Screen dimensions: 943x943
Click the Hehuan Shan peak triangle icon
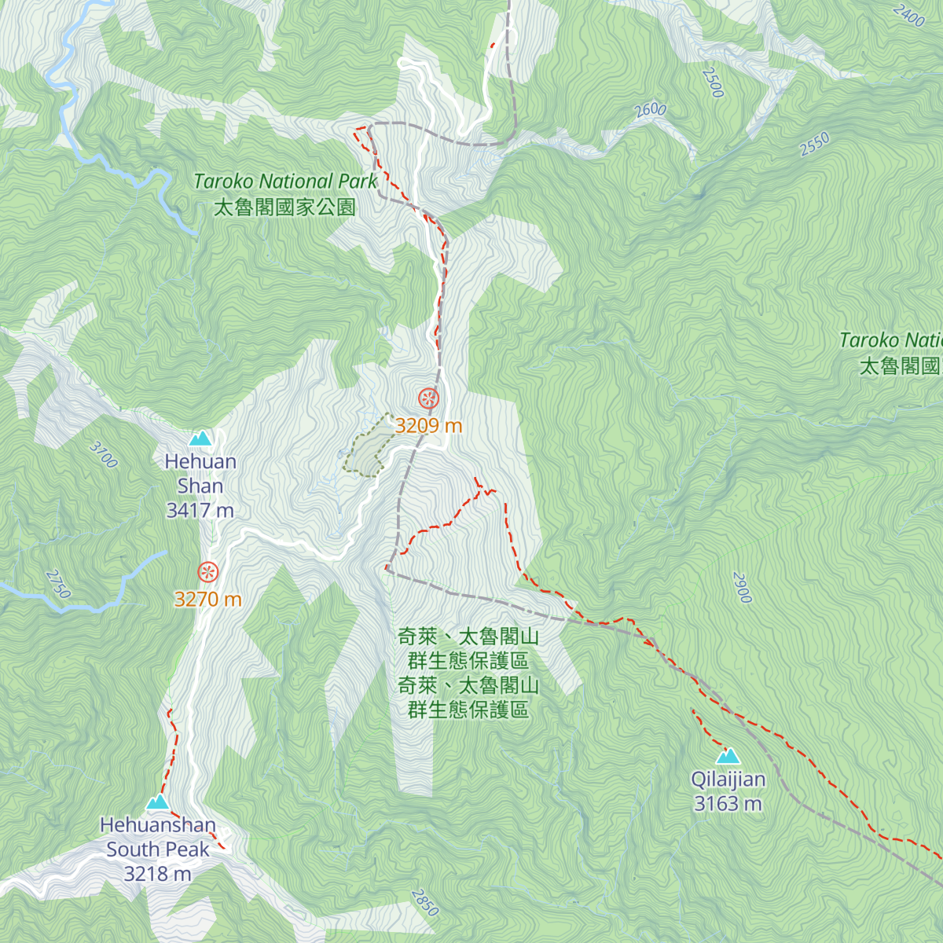coord(200,438)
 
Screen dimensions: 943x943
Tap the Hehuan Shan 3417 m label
coord(200,486)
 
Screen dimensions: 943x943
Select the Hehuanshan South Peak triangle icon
coord(158,802)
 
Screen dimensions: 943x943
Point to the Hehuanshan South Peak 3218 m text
coord(158,849)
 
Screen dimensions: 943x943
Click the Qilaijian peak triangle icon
coord(728,757)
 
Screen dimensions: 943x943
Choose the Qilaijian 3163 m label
coord(728,791)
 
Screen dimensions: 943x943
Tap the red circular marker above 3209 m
coord(428,398)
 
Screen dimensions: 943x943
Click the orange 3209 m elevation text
coord(428,426)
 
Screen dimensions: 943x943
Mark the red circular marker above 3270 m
coord(208,571)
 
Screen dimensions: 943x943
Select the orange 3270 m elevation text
coord(208,600)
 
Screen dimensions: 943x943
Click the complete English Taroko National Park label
coord(286,182)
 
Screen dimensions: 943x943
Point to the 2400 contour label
coord(909,15)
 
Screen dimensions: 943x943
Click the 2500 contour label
coord(713,83)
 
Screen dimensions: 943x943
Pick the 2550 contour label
coord(815,145)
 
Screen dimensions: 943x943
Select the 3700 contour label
coord(104,455)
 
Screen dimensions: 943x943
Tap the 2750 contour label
coord(59,584)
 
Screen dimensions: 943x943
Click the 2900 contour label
coord(742,588)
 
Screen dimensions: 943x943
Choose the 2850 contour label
coord(424,902)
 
